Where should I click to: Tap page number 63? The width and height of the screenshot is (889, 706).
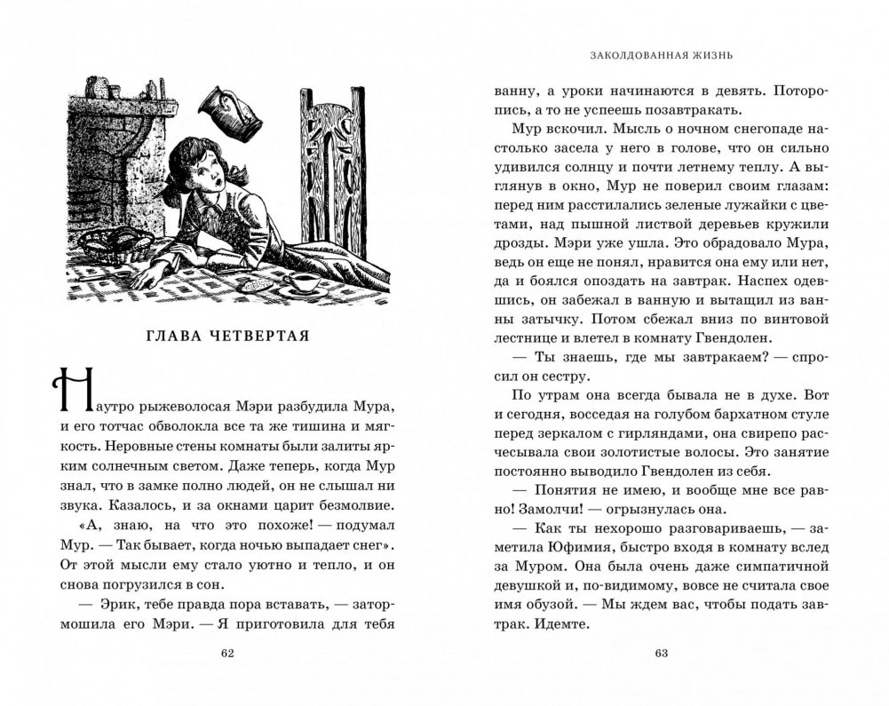[x=660, y=654]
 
